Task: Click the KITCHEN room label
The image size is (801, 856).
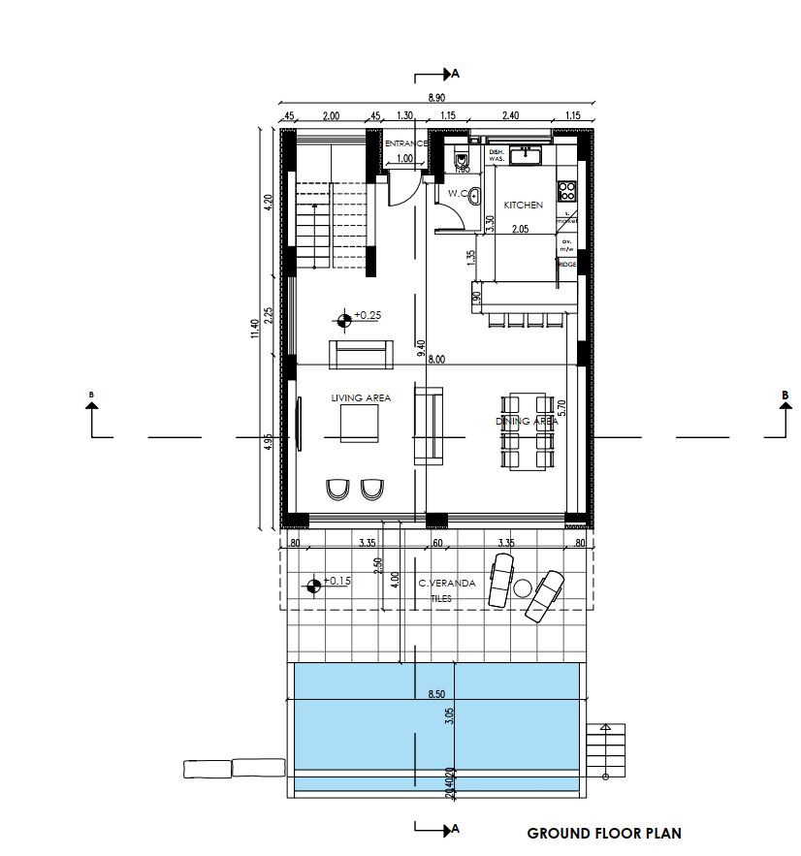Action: coord(523,206)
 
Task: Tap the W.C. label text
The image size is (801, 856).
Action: coord(459,194)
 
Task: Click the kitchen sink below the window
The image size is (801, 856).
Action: coord(529,153)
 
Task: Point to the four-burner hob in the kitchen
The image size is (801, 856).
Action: coord(565,189)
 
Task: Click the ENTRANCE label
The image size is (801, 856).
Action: coord(406,143)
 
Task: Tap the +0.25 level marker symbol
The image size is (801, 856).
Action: coord(344,317)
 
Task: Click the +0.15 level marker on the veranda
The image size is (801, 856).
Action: coord(312,584)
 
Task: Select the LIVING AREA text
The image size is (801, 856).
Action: coord(360,398)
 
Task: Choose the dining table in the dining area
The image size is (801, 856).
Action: coord(529,431)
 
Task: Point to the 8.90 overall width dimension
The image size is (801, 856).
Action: coord(438,98)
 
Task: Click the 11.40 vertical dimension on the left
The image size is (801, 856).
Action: coord(254,330)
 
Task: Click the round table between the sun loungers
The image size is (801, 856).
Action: coord(524,587)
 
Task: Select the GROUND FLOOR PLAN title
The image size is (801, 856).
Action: coord(603,833)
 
